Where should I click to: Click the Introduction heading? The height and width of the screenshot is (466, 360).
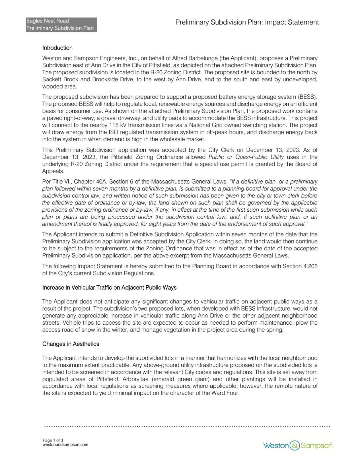click(57, 48)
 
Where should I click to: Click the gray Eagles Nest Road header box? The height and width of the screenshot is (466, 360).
click(61, 25)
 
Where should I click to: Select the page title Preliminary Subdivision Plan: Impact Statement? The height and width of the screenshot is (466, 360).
click(247, 22)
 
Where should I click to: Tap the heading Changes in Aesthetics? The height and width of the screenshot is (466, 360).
click(71, 344)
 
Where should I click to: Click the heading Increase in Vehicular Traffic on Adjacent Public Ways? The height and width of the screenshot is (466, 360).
click(109, 288)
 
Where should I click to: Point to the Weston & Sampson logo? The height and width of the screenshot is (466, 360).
click(298, 446)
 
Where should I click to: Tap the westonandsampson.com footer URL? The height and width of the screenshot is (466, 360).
click(65, 445)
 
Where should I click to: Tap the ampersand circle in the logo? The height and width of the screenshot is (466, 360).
click(295, 446)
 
